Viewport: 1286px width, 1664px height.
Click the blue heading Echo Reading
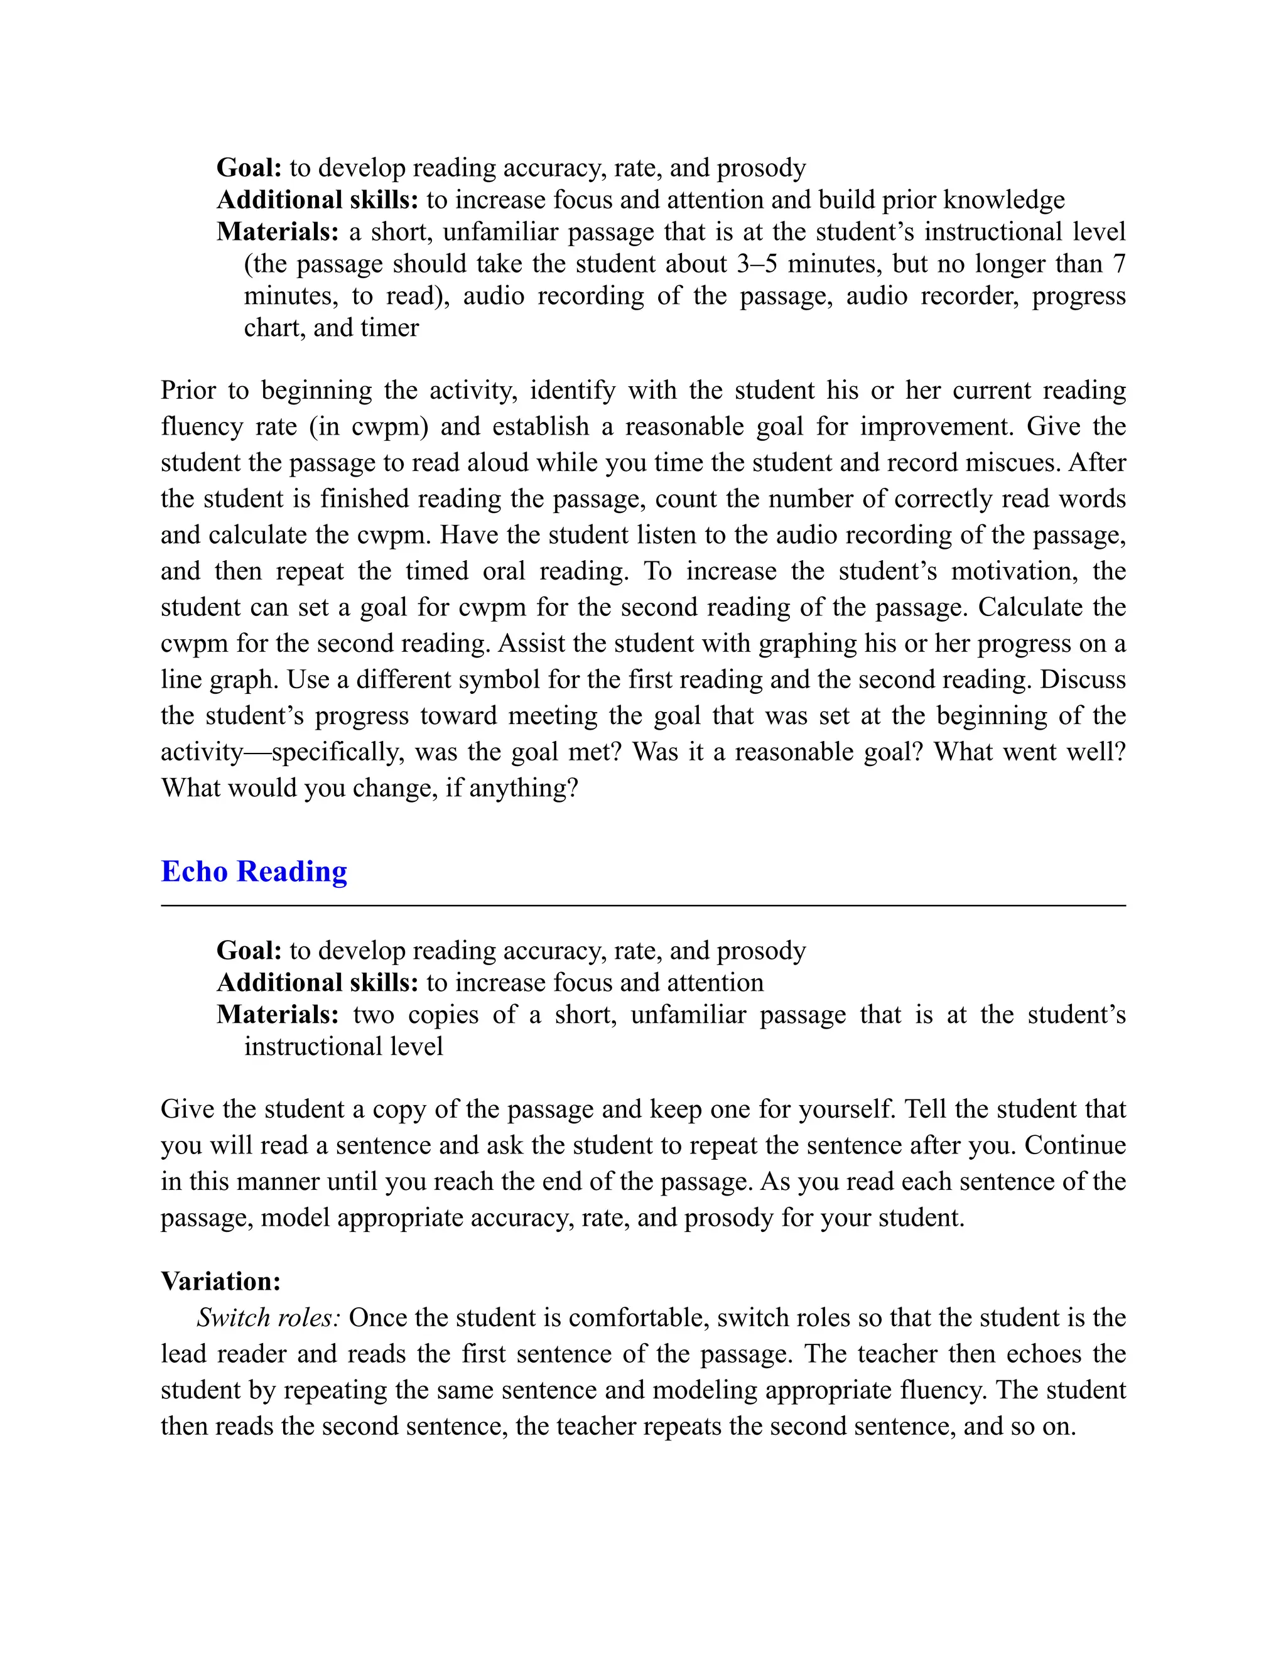[254, 871]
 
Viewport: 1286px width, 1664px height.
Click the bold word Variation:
[221, 1281]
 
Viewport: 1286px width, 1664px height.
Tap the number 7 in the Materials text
[1118, 264]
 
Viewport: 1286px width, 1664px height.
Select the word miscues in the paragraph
[1011, 463]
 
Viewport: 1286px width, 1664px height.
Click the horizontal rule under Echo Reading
[643, 906]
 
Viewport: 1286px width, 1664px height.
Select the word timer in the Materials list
[396, 328]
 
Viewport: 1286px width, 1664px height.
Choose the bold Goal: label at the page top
[249, 168]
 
